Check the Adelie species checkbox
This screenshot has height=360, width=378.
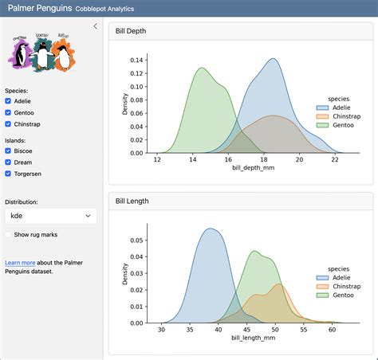9,101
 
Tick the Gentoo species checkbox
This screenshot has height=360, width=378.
9,112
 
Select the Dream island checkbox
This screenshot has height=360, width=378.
9,162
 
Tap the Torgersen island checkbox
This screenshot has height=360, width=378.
9,173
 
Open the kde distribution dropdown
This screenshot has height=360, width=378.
50,216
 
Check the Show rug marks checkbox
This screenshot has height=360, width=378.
9,235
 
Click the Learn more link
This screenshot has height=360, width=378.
20,262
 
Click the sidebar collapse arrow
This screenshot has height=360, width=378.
96,26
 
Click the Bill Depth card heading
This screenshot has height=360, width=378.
132,32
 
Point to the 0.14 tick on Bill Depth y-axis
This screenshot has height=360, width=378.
136,60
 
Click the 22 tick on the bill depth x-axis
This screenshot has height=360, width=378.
335,160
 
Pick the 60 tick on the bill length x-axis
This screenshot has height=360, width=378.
332,330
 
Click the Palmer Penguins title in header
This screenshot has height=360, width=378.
37,8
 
